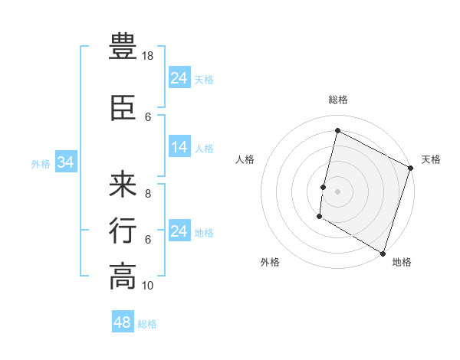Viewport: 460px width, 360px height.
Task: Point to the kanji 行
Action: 123,231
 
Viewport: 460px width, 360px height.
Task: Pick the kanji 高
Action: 123,277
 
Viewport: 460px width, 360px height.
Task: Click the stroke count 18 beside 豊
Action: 148,56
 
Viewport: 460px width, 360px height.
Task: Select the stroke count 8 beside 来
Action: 148,194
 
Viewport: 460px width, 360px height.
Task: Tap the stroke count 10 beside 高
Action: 148,286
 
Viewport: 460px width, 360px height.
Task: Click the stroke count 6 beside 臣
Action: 148,117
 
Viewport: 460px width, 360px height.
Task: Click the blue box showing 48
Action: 123,322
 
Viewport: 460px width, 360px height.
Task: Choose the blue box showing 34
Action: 65,162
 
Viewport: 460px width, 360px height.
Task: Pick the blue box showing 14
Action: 179,148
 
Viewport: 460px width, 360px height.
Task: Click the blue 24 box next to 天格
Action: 179,78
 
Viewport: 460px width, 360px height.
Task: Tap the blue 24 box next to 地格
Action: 179,231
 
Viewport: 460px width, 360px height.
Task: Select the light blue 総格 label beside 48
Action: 147,324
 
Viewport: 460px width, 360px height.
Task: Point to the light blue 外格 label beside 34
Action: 40,163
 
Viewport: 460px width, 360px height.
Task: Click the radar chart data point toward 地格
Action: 382,253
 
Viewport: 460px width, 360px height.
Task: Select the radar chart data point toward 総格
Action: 337,131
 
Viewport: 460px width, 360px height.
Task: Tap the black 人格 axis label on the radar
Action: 245,159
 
